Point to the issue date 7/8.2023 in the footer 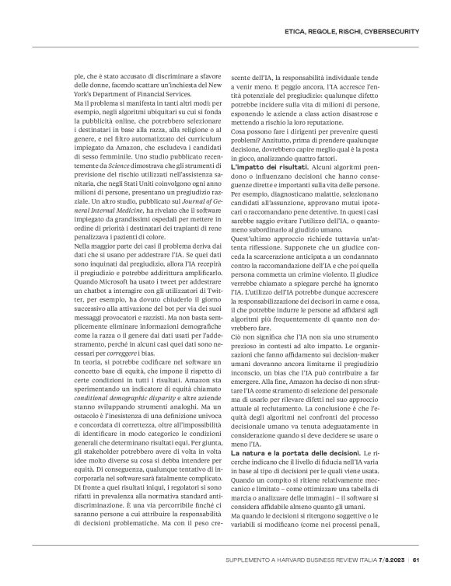pyautogui.click(x=393, y=561)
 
